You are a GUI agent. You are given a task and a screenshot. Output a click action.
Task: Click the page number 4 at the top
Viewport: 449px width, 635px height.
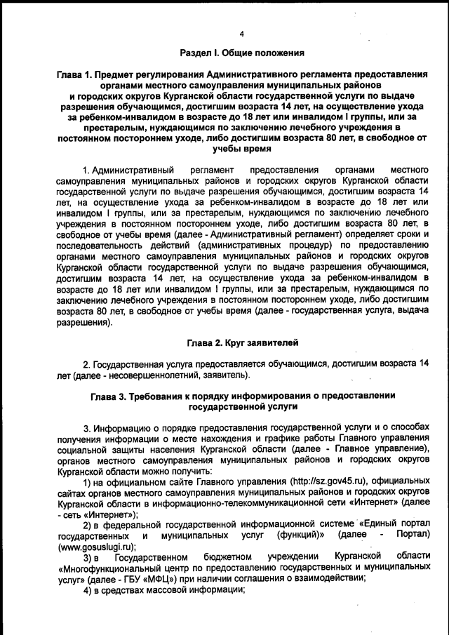pyautogui.click(x=241, y=34)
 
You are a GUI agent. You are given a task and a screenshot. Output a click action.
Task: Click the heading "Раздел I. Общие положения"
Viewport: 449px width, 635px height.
pyautogui.click(x=241, y=53)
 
